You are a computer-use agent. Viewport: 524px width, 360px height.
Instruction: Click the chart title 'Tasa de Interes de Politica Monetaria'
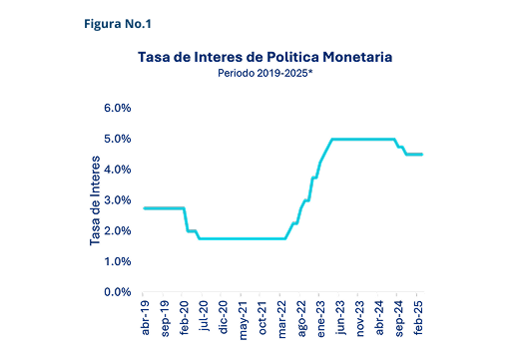click(x=263, y=58)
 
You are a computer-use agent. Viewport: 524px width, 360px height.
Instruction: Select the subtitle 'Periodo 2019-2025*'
click(x=263, y=73)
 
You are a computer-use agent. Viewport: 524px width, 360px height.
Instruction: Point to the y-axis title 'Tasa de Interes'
click(x=96, y=199)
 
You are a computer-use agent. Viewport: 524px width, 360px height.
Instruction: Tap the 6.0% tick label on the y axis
click(x=117, y=108)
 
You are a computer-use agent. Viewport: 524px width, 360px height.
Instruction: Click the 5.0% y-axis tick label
click(x=117, y=139)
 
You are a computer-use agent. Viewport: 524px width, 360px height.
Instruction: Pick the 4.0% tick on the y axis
click(x=117, y=170)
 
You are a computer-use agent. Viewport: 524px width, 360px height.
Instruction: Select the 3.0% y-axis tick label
click(x=117, y=200)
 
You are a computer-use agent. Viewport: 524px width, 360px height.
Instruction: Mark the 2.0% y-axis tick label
click(x=117, y=231)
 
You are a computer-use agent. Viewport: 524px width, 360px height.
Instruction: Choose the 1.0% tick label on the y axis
click(x=117, y=261)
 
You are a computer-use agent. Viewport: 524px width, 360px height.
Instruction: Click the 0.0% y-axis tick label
click(x=117, y=292)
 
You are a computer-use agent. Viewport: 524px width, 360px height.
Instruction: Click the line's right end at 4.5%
click(x=423, y=155)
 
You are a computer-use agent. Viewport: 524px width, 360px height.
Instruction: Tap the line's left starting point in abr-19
click(x=145, y=208)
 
